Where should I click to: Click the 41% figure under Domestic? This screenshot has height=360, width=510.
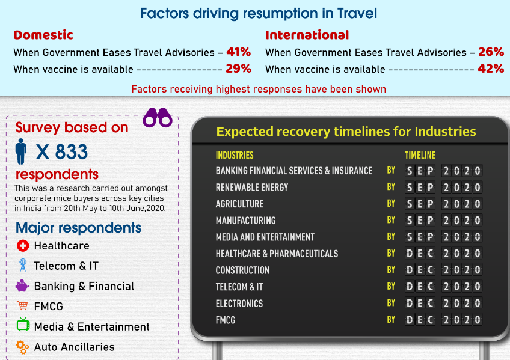click(x=238, y=52)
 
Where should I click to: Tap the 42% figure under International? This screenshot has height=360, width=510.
click(x=491, y=69)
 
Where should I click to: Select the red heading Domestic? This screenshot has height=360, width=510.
click(x=43, y=35)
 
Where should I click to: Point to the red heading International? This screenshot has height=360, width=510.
click(x=307, y=35)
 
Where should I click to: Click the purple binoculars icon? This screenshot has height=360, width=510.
click(x=158, y=117)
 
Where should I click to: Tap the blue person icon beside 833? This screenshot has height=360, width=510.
click(x=21, y=151)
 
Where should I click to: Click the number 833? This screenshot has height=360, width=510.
click(x=71, y=151)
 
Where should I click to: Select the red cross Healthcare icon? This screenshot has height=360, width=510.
click(x=23, y=246)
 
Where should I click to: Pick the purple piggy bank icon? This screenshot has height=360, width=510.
click(x=22, y=286)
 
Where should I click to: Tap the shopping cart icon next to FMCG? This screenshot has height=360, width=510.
click(x=22, y=305)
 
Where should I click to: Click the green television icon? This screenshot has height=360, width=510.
click(x=23, y=325)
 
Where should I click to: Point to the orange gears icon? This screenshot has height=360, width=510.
click(x=22, y=347)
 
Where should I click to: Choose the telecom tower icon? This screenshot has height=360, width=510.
click(x=23, y=265)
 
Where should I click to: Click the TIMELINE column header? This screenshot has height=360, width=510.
click(x=420, y=155)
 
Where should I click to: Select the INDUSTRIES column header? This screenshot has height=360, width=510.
click(x=235, y=155)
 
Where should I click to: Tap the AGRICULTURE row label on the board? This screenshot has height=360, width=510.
click(x=239, y=204)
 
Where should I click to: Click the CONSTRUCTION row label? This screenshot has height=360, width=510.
click(x=242, y=270)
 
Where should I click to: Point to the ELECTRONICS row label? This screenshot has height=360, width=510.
click(x=239, y=304)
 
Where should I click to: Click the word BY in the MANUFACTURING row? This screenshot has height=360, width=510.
click(x=391, y=220)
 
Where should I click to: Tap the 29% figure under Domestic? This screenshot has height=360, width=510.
click(x=238, y=69)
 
